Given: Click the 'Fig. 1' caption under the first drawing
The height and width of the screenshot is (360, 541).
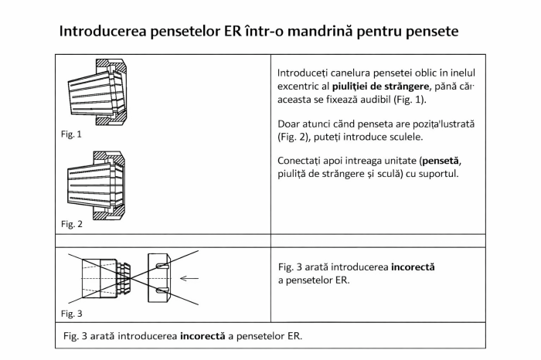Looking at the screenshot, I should tap(71, 134).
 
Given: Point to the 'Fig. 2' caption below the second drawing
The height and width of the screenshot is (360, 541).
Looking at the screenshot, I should tap(71, 223).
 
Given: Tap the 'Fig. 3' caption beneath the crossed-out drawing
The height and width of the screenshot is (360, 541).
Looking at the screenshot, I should tap(71, 314).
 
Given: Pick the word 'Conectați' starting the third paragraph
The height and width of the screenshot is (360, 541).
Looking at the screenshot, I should tap(300, 160).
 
